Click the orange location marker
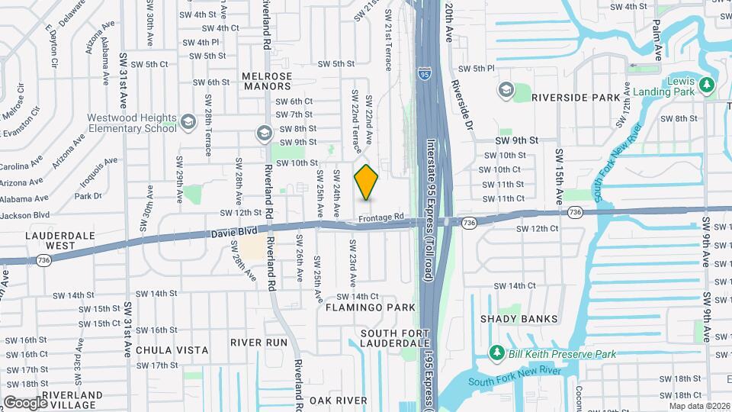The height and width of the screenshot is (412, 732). (x=367, y=182)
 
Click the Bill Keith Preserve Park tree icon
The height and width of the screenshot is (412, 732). (x=496, y=352)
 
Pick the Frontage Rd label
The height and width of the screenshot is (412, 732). (x=382, y=217)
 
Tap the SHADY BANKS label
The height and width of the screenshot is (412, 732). (x=530, y=319)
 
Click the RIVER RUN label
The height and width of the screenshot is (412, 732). (x=259, y=343)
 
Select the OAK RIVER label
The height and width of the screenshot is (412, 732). (x=339, y=401)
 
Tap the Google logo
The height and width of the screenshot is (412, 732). (x=25, y=402)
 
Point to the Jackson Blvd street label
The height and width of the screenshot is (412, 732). (x=24, y=215)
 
